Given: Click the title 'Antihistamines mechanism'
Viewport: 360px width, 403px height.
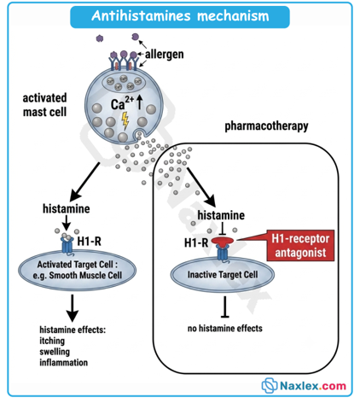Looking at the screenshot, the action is click(x=180, y=16).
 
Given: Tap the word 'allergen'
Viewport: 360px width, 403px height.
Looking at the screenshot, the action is click(x=165, y=54).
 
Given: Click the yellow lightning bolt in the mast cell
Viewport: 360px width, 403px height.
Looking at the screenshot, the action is click(x=125, y=120).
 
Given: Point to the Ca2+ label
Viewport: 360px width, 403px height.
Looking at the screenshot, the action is click(x=122, y=103).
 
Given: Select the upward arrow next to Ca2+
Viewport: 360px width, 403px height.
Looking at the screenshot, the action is click(x=139, y=102).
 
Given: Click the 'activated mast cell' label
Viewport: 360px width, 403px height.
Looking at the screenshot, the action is click(x=44, y=105).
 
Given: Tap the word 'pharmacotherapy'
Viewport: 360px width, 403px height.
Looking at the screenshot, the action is click(x=266, y=126).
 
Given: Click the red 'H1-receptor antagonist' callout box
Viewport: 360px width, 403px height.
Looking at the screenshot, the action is click(x=300, y=245).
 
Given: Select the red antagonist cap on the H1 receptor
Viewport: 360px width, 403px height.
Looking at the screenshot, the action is click(x=223, y=242).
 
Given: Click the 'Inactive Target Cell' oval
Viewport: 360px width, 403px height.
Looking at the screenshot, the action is click(x=223, y=275).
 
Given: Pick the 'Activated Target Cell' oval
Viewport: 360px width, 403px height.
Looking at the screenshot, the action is click(x=77, y=270).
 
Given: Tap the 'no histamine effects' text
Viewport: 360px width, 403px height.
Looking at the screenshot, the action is click(x=225, y=329).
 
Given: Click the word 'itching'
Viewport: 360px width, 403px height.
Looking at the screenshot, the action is click(x=52, y=341).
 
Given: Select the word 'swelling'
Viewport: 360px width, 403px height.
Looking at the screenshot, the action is click(x=55, y=352).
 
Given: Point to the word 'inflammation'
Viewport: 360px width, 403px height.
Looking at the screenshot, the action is click(x=64, y=363).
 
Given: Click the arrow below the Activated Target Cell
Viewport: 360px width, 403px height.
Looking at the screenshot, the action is click(x=73, y=308).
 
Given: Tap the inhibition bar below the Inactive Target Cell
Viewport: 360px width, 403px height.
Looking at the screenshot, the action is click(x=225, y=307).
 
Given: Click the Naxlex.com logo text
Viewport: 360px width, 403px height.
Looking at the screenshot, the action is click(x=313, y=386).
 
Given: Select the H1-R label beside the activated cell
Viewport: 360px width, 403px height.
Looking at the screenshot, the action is click(x=89, y=242).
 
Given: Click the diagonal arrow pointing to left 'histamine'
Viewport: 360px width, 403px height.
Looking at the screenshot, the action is click(x=84, y=182).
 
